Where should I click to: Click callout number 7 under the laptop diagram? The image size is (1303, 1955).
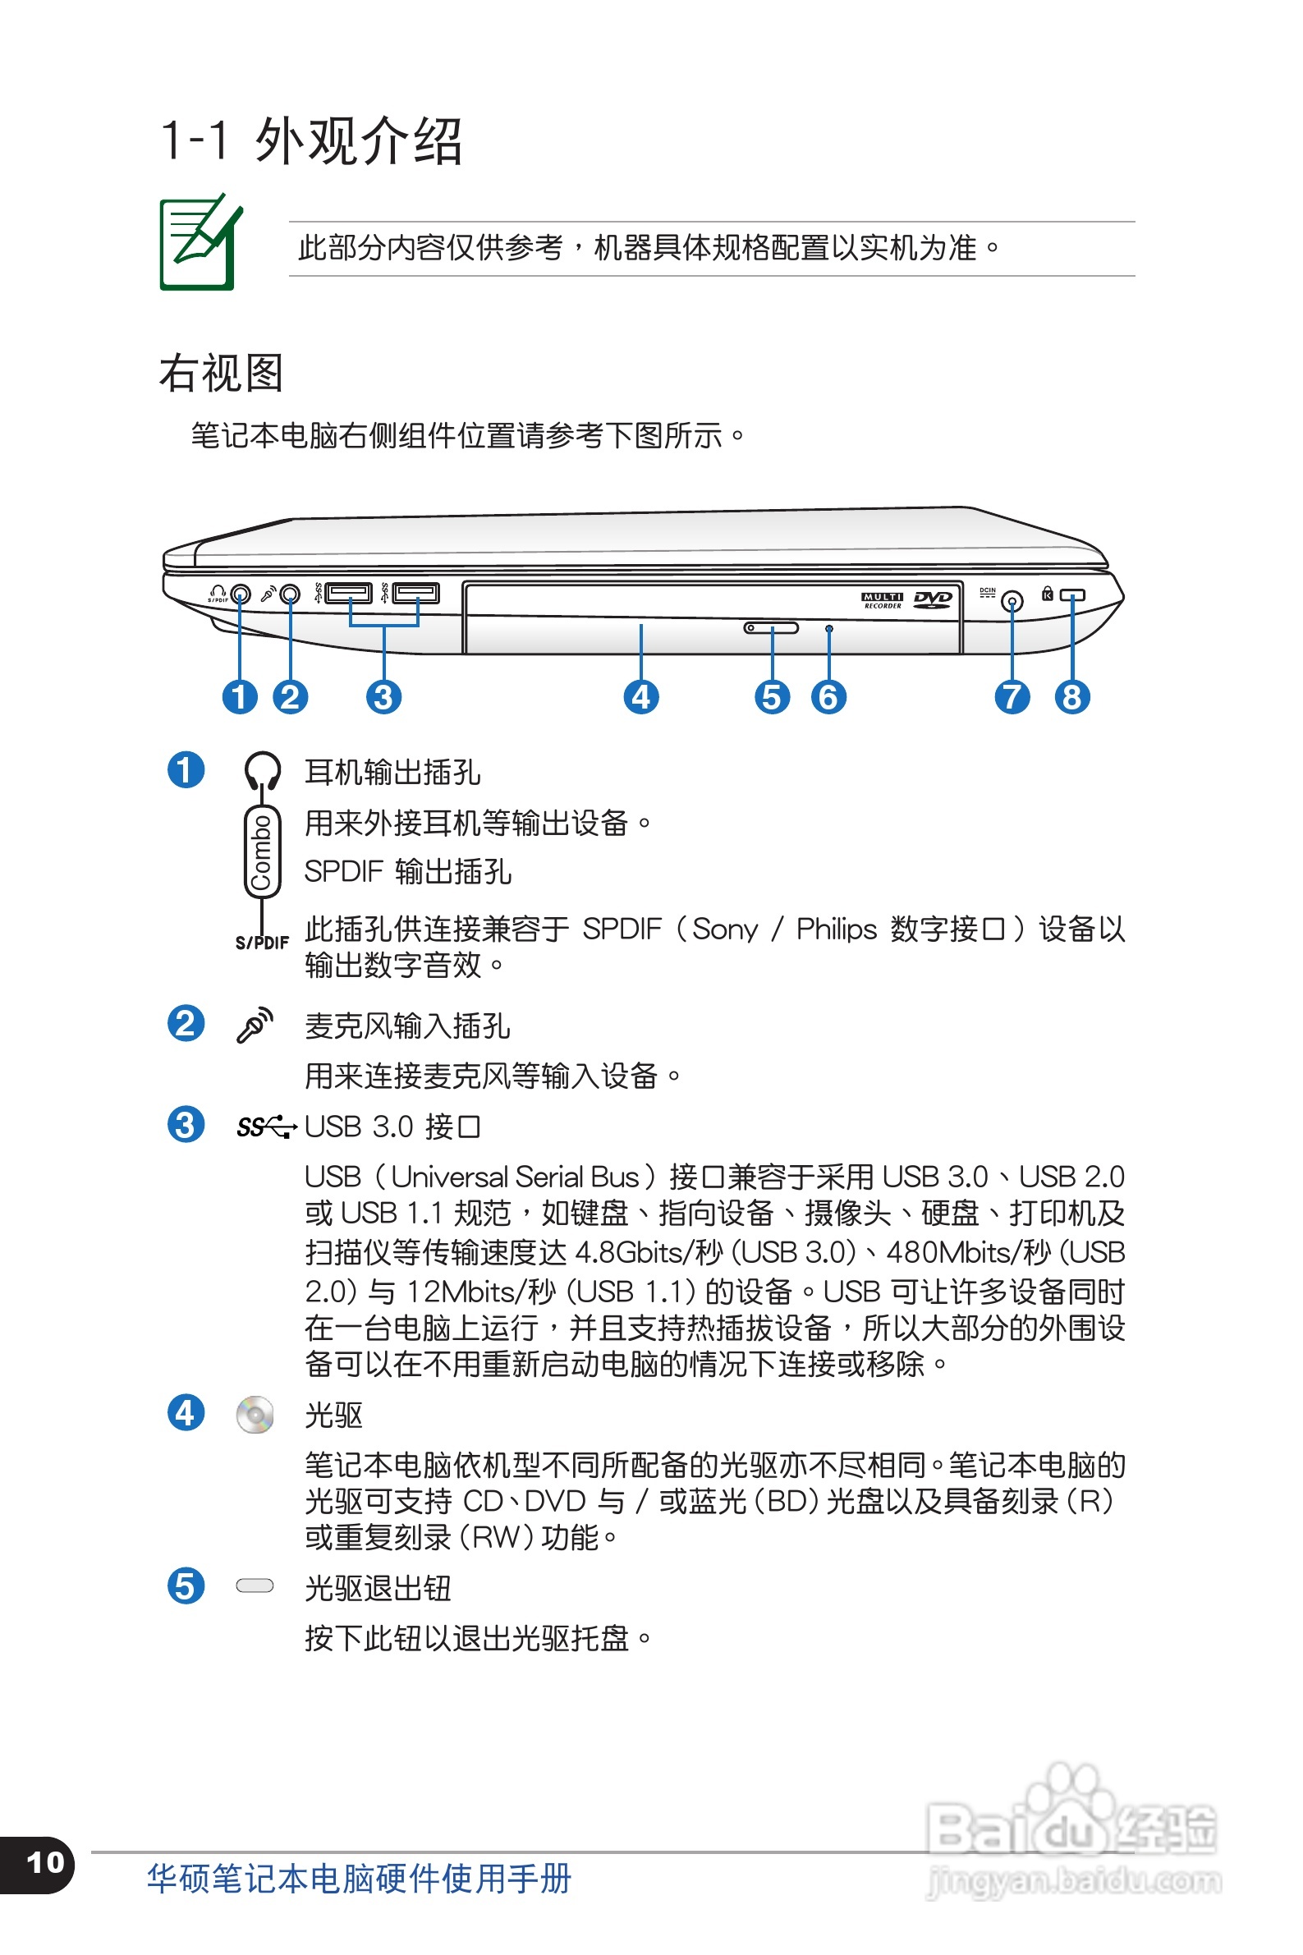(x=1012, y=697)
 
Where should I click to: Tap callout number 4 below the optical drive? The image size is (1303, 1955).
(x=640, y=697)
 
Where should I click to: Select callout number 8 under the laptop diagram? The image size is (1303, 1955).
(x=1071, y=697)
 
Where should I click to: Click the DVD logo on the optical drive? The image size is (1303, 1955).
(x=933, y=599)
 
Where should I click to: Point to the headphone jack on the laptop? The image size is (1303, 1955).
(x=241, y=595)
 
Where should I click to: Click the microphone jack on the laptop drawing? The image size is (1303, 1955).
(x=290, y=594)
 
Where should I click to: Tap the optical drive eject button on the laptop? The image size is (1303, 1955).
(x=771, y=627)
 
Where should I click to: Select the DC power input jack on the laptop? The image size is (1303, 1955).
(x=1012, y=601)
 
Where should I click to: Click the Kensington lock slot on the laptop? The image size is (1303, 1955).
(x=1072, y=595)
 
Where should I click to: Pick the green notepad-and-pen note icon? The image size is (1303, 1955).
(x=200, y=242)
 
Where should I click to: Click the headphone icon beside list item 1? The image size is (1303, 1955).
(x=262, y=770)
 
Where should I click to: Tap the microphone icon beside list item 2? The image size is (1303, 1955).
(x=255, y=1025)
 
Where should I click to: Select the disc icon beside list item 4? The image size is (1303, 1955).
(x=255, y=1414)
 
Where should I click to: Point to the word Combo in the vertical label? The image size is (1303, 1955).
(x=262, y=851)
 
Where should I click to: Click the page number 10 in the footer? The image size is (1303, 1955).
(x=45, y=1862)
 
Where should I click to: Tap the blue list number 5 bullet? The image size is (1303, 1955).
(x=186, y=1586)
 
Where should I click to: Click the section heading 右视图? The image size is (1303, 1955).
(x=221, y=373)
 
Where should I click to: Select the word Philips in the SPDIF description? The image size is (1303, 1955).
(x=836, y=929)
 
